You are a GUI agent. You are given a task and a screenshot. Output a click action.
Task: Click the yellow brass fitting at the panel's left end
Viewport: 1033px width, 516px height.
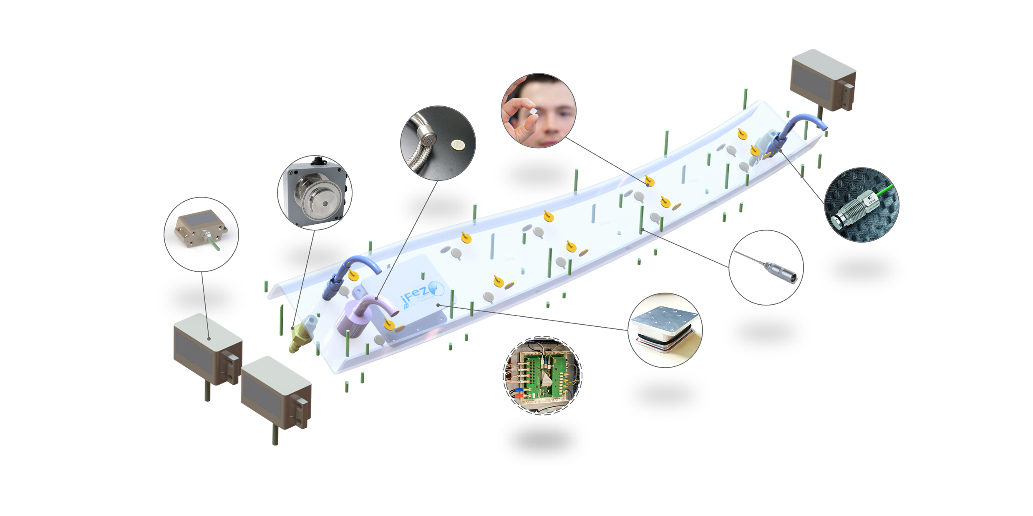[299, 338]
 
